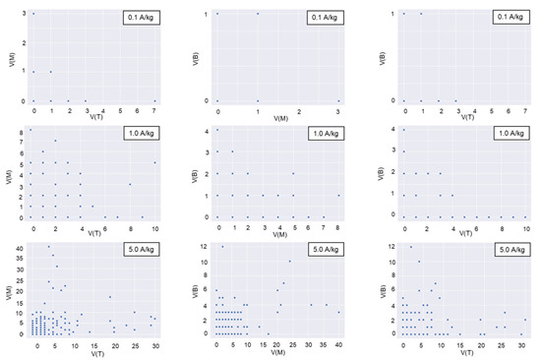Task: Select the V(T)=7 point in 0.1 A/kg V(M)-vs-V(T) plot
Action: pyautogui.click(x=154, y=100)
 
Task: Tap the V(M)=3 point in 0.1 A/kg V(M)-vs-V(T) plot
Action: pyautogui.click(x=33, y=14)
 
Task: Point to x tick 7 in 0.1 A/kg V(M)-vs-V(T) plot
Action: pyautogui.click(x=154, y=109)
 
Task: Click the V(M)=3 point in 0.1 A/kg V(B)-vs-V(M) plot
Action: pyautogui.click(x=338, y=100)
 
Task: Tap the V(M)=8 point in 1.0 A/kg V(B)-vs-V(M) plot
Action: pyautogui.click(x=338, y=195)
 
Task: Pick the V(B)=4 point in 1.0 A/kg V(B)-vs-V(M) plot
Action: pyautogui.click(x=217, y=130)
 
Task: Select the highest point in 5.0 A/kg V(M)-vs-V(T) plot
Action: pyautogui.click(x=49, y=247)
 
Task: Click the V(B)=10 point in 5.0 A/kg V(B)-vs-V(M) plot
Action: pyautogui.click(x=289, y=261)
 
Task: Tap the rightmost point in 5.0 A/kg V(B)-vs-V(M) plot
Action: pyautogui.click(x=338, y=312)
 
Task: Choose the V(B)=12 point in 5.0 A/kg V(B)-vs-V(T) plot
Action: pyautogui.click(x=411, y=247)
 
